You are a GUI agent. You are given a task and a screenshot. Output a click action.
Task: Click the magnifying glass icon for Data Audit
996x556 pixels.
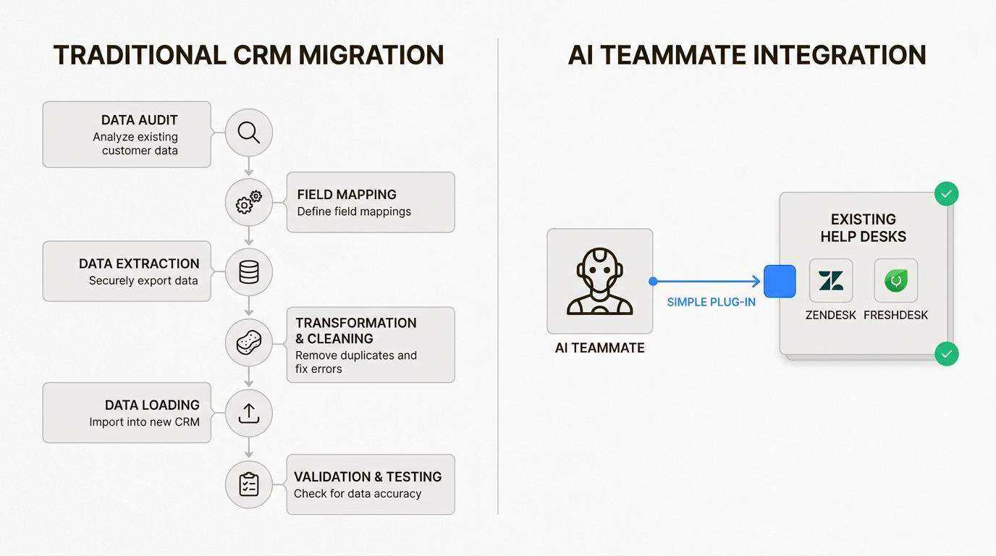coord(248,132)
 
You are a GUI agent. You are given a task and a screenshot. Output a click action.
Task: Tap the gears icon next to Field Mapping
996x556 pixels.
coord(248,203)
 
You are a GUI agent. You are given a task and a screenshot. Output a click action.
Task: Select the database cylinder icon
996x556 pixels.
coord(248,272)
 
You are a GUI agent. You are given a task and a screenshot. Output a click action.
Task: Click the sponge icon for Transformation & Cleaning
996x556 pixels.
coord(248,342)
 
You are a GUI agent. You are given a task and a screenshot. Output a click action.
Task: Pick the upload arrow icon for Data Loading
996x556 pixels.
coord(248,413)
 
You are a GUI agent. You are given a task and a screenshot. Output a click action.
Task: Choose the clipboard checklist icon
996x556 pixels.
coord(248,484)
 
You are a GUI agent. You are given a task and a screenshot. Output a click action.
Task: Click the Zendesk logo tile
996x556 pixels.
coord(830,280)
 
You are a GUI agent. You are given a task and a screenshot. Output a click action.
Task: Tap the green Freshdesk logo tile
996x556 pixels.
coord(895,280)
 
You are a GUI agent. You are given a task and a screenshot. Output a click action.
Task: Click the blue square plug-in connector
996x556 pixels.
coord(780,281)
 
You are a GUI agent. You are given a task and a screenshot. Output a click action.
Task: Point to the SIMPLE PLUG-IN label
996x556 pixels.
coord(711,302)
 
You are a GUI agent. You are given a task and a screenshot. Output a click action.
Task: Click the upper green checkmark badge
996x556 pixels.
coord(946,194)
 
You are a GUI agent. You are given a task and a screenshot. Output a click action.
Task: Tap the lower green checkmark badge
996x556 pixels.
coord(946,354)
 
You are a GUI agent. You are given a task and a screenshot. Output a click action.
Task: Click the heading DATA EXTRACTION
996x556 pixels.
coord(139,264)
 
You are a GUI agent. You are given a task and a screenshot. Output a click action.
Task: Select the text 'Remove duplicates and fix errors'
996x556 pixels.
coord(356,362)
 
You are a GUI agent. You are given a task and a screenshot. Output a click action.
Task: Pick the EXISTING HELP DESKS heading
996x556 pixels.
coord(863,227)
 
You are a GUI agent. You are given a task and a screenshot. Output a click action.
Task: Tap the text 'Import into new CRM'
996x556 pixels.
coord(144,422)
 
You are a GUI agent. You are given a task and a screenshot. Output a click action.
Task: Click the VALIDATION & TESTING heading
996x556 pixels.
coord(368,476)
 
